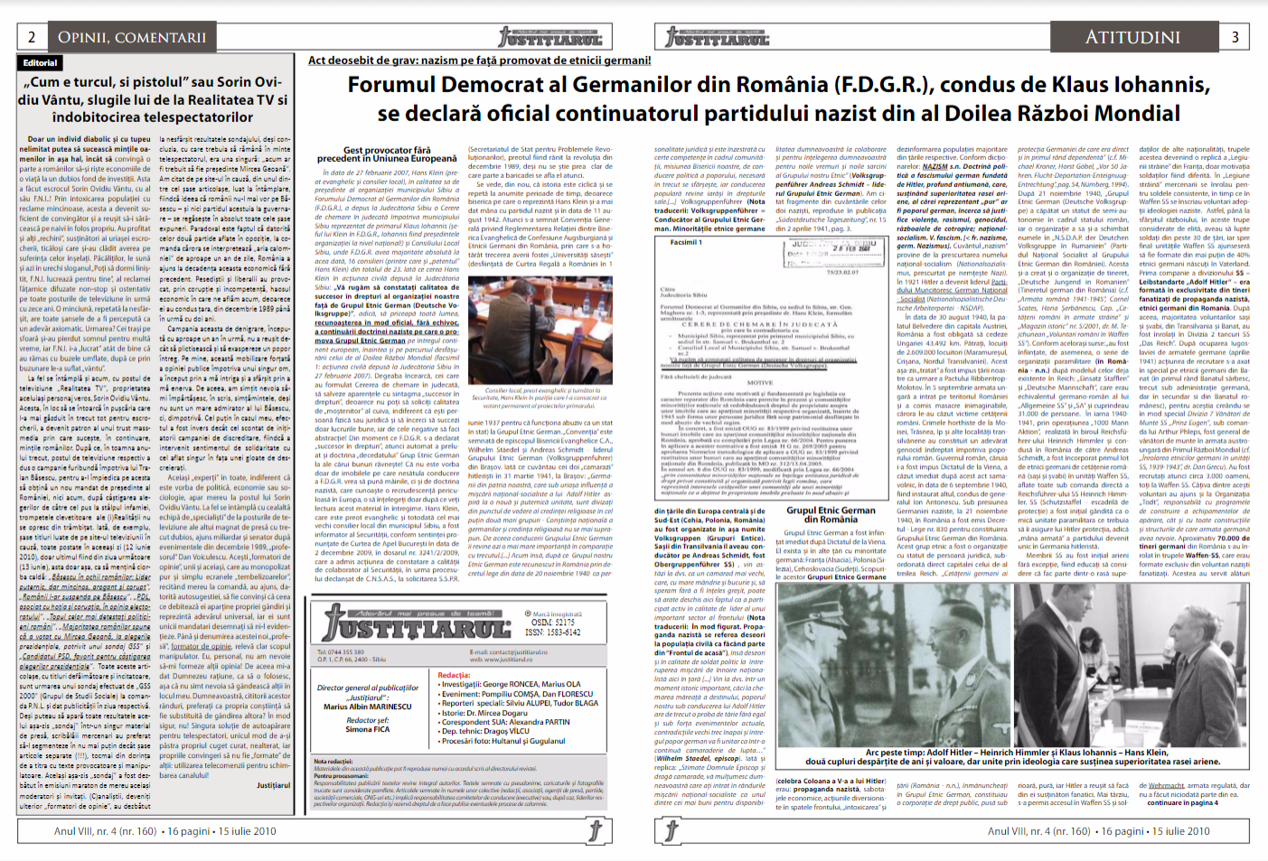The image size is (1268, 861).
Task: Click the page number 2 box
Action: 32,37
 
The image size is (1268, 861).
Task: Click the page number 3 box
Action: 1235,37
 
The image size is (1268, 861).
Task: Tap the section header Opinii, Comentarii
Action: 132,37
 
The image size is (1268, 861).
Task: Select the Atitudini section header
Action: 1132,37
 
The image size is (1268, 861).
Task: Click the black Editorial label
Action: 40,63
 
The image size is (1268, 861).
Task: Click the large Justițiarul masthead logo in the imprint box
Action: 417,624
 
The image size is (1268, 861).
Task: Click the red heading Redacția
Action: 454,675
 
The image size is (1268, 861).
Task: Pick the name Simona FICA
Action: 367,729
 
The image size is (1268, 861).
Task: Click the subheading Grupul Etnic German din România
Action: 831,514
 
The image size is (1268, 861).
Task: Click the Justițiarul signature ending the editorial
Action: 273,785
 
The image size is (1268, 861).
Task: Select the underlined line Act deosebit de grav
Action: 479,61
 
